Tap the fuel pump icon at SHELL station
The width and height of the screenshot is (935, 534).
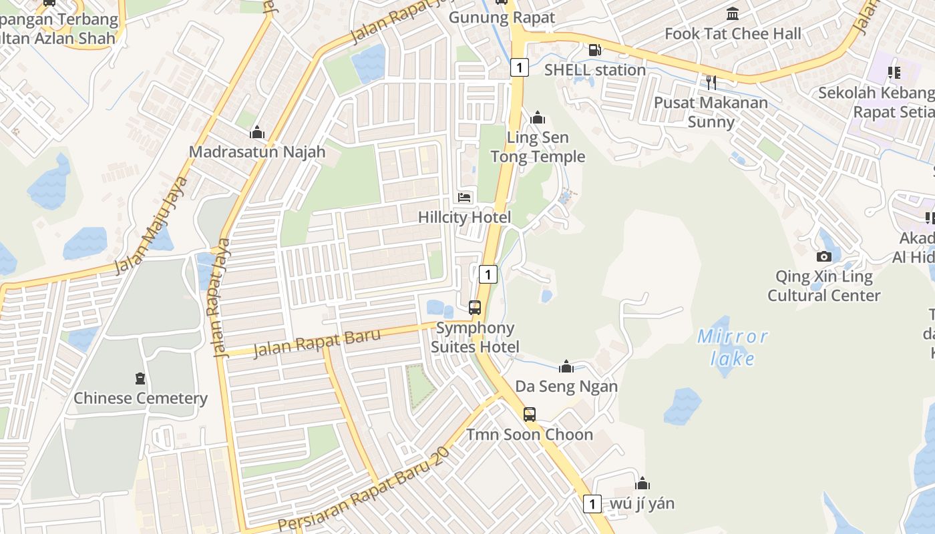tap(594, 50)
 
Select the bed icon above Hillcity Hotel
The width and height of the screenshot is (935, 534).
tap(464, 197)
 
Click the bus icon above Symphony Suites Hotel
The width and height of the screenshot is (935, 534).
tap(475, 308)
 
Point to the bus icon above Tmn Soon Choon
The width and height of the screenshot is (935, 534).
tap(530, 415)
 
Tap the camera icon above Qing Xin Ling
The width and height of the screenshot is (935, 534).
tap(824, 256)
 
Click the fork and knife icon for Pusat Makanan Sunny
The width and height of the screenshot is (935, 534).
tap(711, 82)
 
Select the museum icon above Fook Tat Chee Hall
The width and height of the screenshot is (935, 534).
tap(733, 13)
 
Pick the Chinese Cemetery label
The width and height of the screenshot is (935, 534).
tap(140, 398)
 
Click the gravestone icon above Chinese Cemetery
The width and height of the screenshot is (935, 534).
tap(140, 379)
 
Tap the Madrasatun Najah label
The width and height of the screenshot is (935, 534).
tap(257, 152)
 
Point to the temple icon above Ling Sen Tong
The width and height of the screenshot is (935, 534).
tap(538, 118)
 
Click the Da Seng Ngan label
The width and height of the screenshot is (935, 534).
tap(566, 386)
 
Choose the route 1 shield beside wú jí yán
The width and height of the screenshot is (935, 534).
tap(592, 503)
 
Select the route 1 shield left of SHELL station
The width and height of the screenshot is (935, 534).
tap(520, 67)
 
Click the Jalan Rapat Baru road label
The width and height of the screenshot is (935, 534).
tap(317, 342)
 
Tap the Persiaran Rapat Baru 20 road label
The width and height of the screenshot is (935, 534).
tap(365, 489)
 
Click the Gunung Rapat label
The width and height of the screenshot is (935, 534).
tap(502, 17)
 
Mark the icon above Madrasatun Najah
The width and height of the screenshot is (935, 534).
tap(257, 132)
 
